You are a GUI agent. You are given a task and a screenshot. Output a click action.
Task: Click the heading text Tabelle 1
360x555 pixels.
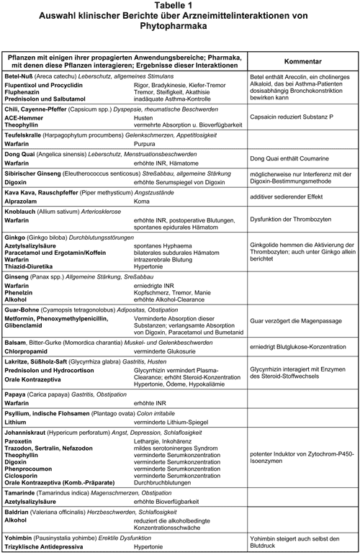179,6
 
